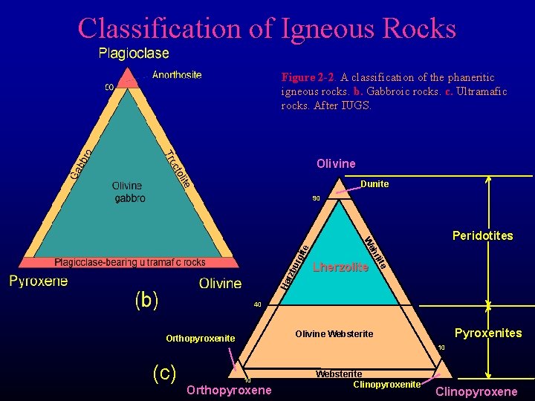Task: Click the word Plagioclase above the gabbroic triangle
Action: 134,53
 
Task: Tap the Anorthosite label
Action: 177,74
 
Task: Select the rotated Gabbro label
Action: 82,163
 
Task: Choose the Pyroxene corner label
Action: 39,281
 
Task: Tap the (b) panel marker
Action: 146,300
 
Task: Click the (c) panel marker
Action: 163,372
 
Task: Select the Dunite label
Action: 374,184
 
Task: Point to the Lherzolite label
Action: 341,267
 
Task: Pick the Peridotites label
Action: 482,236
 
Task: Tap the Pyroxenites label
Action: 488,333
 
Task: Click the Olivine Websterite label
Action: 334,334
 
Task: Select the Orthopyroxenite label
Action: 200,339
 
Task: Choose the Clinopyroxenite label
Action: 386,385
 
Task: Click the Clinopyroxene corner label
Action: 476,392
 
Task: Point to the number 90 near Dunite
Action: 316,198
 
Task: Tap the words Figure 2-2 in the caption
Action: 306,77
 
